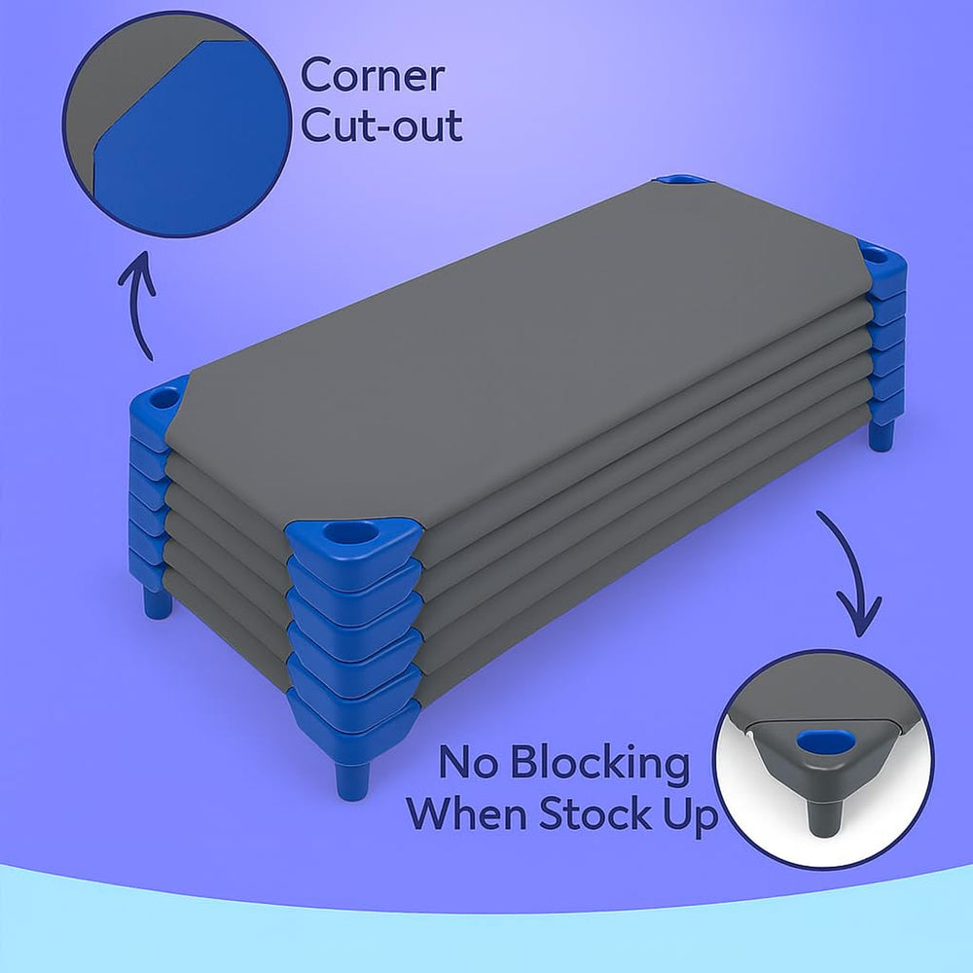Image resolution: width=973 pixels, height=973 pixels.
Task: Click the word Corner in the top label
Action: (x=373, y=75)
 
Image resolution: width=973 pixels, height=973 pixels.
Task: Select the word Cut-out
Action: (x=381, y=125)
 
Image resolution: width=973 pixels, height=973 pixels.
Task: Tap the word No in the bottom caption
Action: (x=468, y=762)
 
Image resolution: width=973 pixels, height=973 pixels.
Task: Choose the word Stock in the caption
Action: (x=595, y=812)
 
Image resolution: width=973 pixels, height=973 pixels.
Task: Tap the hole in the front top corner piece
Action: (x=351, y=532)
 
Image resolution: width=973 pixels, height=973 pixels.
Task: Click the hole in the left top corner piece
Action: (x=163, y=397)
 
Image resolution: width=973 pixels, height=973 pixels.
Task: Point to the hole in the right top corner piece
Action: (x=875, y=254)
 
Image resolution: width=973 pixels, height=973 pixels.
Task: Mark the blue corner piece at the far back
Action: (x=684, y=179)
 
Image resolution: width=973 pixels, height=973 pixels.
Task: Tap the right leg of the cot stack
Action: (x=882, y=436)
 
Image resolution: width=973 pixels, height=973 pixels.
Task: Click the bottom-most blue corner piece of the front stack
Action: (x=354, y=730)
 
